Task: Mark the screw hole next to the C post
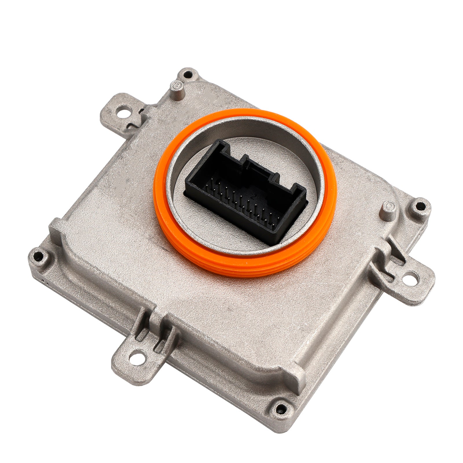pos(419,207)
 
